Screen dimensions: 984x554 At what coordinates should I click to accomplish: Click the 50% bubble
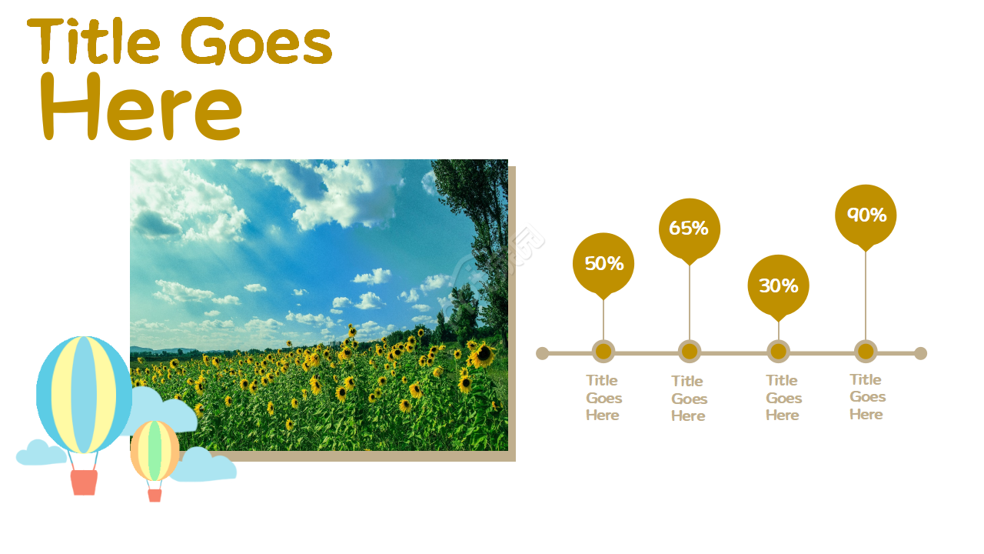pyautogui.click(x=603, y=264)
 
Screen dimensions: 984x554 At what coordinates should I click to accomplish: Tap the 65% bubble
pyautogui.click(x=690, y=229)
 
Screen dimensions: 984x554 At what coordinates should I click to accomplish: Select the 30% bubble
pyautogui.click(x=779, y=285)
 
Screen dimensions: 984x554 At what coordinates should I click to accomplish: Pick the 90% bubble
pyautogui.click(x=866, y=215)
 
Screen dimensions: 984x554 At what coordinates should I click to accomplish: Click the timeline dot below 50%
pyautogui.click(x=603, y=352)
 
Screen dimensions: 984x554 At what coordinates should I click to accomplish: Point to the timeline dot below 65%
pyautogui.click(x=690, y=352)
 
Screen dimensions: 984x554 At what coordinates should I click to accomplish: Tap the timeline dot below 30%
pyautogui.click(x=779, y=352)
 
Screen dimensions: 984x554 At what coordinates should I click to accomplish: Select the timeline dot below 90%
pyautogui.click(x=866, y=352)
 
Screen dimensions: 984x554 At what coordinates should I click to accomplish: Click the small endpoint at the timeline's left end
pyautogui.click(x=542, y=353)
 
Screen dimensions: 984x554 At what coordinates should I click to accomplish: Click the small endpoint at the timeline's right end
pyautogui.click(x=921, y=353)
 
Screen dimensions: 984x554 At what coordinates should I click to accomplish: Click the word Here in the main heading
pyautogui.click(x=141, y=107)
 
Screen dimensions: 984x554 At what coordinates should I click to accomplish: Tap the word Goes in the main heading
pyautogui.click(x=257, y=41)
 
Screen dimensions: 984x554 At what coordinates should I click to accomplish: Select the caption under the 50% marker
pyautogui.click(x=603, y=398)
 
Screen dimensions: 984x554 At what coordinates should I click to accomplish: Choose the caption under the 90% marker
pyautogui.click(x=867, y=396)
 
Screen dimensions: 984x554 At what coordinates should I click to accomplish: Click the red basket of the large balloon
pyautogui.click(x=84, y=482)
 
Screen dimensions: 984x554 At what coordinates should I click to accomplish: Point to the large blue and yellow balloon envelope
pyautogui.click(x=84, y=395)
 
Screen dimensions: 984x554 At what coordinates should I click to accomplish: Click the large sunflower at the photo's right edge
pyautogui.click(x=484, y=355)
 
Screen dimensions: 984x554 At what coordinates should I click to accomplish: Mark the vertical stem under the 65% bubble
pyautogui.click(x=690, y=302)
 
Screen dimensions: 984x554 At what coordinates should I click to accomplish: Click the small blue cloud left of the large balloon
pyautogui.click(x=41, y=452)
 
